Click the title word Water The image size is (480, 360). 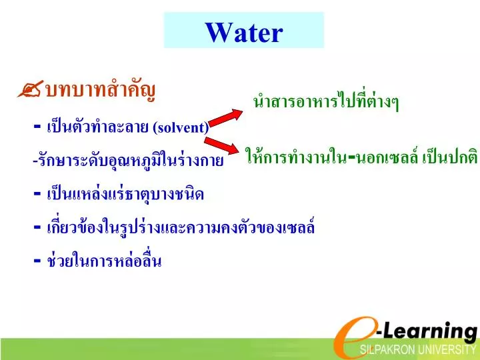[x=244, y=31]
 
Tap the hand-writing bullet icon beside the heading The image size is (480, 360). [x=31, y=90]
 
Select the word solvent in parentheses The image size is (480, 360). [x=181, y=127]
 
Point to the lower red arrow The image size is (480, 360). [x=223, y=145]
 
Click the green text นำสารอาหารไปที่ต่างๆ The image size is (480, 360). [x=326, y=102]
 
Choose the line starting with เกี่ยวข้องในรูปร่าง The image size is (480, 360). [x=180, y=227]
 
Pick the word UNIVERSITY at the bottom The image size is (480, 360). [x=449, y=351]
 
